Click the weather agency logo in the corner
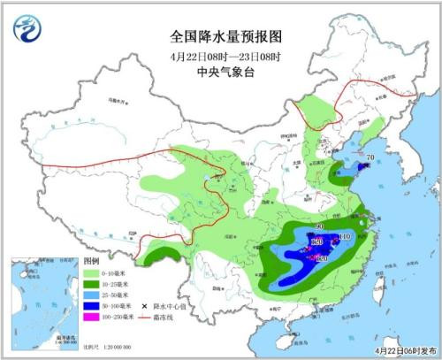pos(29,29)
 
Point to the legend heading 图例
pos(92,263)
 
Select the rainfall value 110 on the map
pos(344,237)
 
